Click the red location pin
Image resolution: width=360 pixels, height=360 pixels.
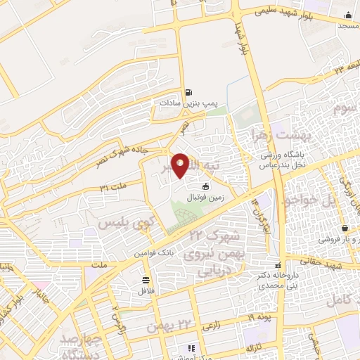click(x=181, y=165)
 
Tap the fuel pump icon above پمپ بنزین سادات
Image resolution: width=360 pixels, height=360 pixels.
click(x=188, y=92)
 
